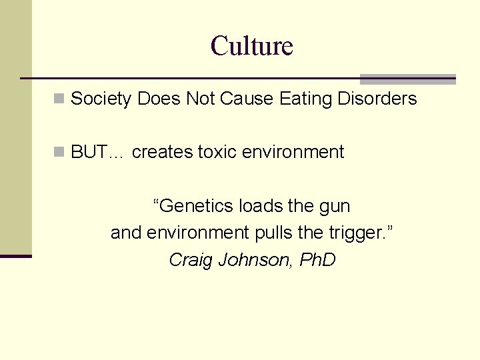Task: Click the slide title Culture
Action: click(x=251, y=47)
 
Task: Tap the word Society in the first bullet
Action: click(x=101, y=99)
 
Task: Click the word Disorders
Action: click(x=377, y=99)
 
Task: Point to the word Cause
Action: click(x=246, y=99)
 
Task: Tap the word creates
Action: click(x=163, y=152)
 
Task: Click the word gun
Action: click(x=335, y=206)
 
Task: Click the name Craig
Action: click(x=190, y=260)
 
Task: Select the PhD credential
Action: click(x=317, y=259)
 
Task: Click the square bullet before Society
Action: click(x=59, y=99)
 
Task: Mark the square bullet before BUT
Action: click(x=59, y=152)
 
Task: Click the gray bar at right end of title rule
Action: click(x=407, y=79)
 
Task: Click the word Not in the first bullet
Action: click(x=200, y=99)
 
